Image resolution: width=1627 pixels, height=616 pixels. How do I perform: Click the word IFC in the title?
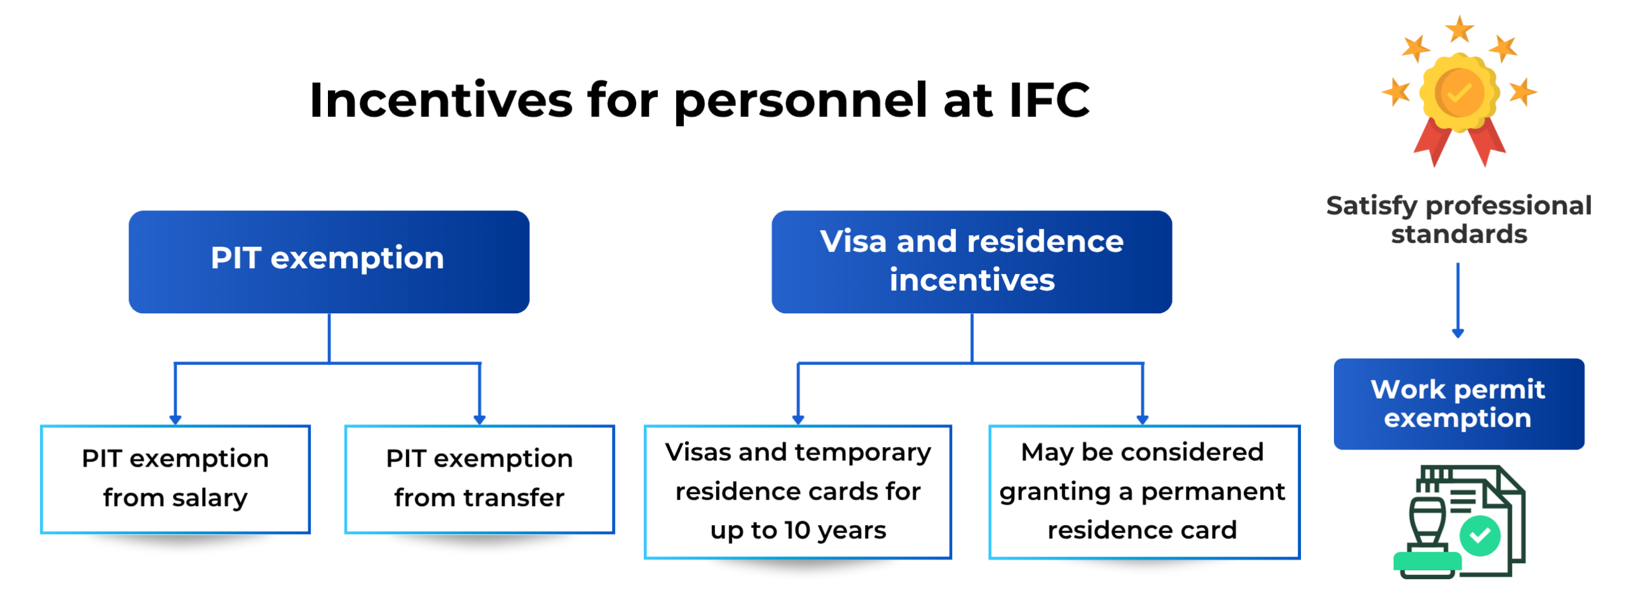[x=1049, y=100]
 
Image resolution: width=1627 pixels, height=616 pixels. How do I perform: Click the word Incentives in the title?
[x=441, y=100]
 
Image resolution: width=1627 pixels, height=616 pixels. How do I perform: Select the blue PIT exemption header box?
[x=329, y=261]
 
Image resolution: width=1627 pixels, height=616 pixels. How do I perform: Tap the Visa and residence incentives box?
[x=971, y=261]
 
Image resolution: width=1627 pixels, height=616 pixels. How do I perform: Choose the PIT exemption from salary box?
[x=175, y=479]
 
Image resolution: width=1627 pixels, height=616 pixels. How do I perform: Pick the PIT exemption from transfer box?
[x=479, y=479]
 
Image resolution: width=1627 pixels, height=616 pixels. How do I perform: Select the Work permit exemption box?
[x=1459, y=404]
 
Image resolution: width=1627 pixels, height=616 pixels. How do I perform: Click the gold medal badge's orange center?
[x=1459, y=93]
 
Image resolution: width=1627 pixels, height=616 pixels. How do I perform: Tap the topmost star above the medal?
[x=1459, y=29]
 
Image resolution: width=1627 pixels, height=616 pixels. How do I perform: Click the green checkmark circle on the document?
[x=1480, y=535]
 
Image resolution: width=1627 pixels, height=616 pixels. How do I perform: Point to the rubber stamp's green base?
[x=1427, y=561]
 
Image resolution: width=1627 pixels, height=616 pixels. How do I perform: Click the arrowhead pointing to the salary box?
[x=175, y=420]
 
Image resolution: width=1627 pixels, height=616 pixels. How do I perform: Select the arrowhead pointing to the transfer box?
[x=479, y=420]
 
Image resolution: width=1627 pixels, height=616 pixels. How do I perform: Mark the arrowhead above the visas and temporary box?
[x=798, y=420]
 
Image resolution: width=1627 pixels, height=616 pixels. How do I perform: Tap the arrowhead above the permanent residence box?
[x=1142, y=420]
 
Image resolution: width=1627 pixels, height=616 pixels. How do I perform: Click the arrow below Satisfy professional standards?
[x=1458, y=300]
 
